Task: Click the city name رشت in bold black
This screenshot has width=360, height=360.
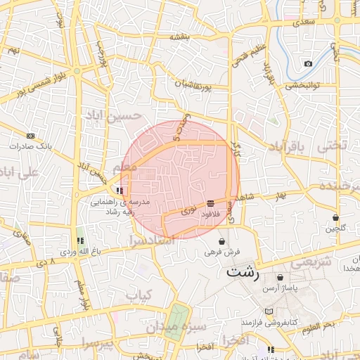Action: coord(243,274)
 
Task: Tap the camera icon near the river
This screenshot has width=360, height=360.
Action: coord(308,64)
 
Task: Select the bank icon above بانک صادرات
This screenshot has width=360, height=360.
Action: coord(30,136)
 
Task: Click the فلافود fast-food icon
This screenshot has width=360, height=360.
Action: coord(211,203)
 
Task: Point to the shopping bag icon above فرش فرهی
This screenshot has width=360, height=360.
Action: coord(222,241)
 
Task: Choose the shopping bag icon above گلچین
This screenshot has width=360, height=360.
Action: coord(335,217)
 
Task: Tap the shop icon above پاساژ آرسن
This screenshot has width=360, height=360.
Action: coord(281,278)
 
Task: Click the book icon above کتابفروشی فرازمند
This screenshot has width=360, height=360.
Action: coord(268,311)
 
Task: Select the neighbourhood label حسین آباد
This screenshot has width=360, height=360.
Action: coord(113,114)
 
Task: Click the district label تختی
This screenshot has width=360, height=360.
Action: coord(333,146)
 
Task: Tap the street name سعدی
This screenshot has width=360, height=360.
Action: coord(309,23)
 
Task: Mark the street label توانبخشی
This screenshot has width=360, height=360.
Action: coord(302,85)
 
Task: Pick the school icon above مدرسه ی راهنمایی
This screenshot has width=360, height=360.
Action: coord(121,190)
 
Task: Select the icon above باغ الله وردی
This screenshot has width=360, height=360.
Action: coord(79,241)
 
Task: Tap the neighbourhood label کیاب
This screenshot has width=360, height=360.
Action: coord(139,296)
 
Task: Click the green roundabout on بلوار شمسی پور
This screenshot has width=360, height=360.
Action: coord(77,70)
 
